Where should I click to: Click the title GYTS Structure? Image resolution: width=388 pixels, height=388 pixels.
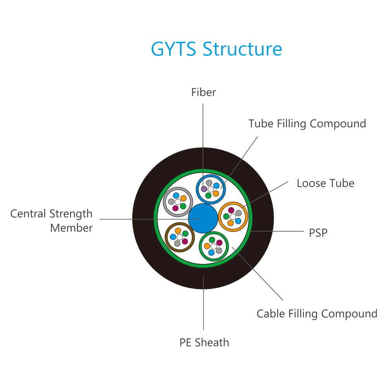[x=217, y=49]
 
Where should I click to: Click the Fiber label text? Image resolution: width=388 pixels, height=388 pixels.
[x=203, y=92]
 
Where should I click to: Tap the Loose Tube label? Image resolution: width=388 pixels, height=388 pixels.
[x=326, y=184]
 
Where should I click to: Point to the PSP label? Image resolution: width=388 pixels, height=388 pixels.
[x=318, y=232]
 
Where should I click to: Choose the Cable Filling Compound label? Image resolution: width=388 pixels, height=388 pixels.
[x=317, y=314]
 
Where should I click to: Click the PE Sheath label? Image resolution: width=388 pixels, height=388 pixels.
[x=204, y=343]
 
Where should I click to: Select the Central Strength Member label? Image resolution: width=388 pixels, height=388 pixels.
[x=52, y=221]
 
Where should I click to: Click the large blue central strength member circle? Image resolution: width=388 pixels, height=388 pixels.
[x=203, y=218]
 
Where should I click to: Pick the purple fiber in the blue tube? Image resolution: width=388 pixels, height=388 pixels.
[x=204, y=189]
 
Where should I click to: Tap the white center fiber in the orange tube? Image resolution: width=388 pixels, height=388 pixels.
[x=233, y=217]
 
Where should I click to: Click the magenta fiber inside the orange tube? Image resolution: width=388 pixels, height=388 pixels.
[x=231, y=210]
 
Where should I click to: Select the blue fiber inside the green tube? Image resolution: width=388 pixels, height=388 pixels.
[x=211, y=253]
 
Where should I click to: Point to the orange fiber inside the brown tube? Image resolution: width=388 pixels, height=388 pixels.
[x=178, y=231]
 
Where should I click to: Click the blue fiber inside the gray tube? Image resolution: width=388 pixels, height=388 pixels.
[x=176, y=196]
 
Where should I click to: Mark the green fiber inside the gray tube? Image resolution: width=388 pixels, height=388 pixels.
[x=183, y=206]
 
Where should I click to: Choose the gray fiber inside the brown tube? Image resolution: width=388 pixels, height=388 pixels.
[x=177, y=244]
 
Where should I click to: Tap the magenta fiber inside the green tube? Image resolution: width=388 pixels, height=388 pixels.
[x=219, y=242]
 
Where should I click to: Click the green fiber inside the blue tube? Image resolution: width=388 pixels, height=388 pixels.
[x=208, y=196]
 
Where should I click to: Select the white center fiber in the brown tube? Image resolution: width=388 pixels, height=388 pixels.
[x=180, y=237]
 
